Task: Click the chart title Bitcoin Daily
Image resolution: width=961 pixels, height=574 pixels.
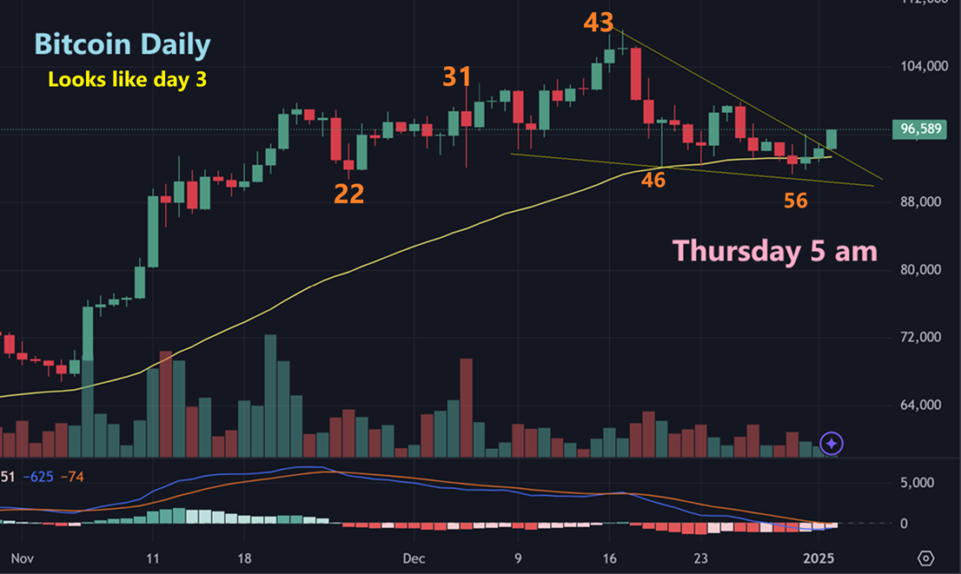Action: (122, 44)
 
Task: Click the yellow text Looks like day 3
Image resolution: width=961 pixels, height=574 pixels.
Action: (127, 79)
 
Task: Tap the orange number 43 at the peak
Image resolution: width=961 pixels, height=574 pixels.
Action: (598, 23)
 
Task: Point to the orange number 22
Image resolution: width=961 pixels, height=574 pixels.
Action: (348, 194)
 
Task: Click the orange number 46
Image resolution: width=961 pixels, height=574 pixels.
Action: (653, 181)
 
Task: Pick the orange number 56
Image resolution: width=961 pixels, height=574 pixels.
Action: (795, 201)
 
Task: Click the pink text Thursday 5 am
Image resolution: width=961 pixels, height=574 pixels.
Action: (774, 251)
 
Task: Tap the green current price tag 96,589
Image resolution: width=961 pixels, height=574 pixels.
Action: (923, 129)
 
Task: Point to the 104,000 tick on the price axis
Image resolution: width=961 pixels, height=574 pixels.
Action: (922, 66)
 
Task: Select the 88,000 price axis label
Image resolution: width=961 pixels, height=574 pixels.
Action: (922, 201)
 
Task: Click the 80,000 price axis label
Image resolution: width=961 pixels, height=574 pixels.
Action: (922, 269)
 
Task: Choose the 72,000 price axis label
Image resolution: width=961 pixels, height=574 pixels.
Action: (922, 337)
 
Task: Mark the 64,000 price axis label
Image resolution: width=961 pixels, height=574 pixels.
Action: (922, 405)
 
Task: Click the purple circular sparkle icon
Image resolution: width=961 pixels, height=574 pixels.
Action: (832, 444)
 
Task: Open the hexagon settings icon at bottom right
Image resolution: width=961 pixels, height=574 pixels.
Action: (926, 557)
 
